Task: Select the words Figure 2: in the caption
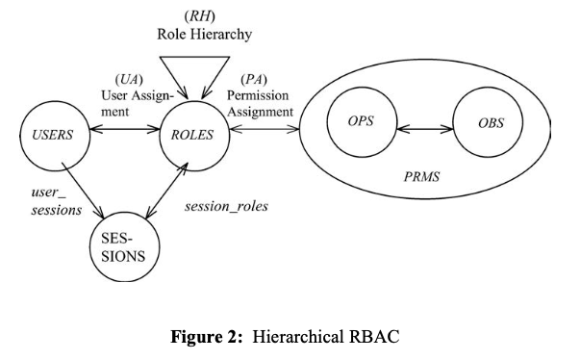(210, 338)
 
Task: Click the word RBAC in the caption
(374, 338)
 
